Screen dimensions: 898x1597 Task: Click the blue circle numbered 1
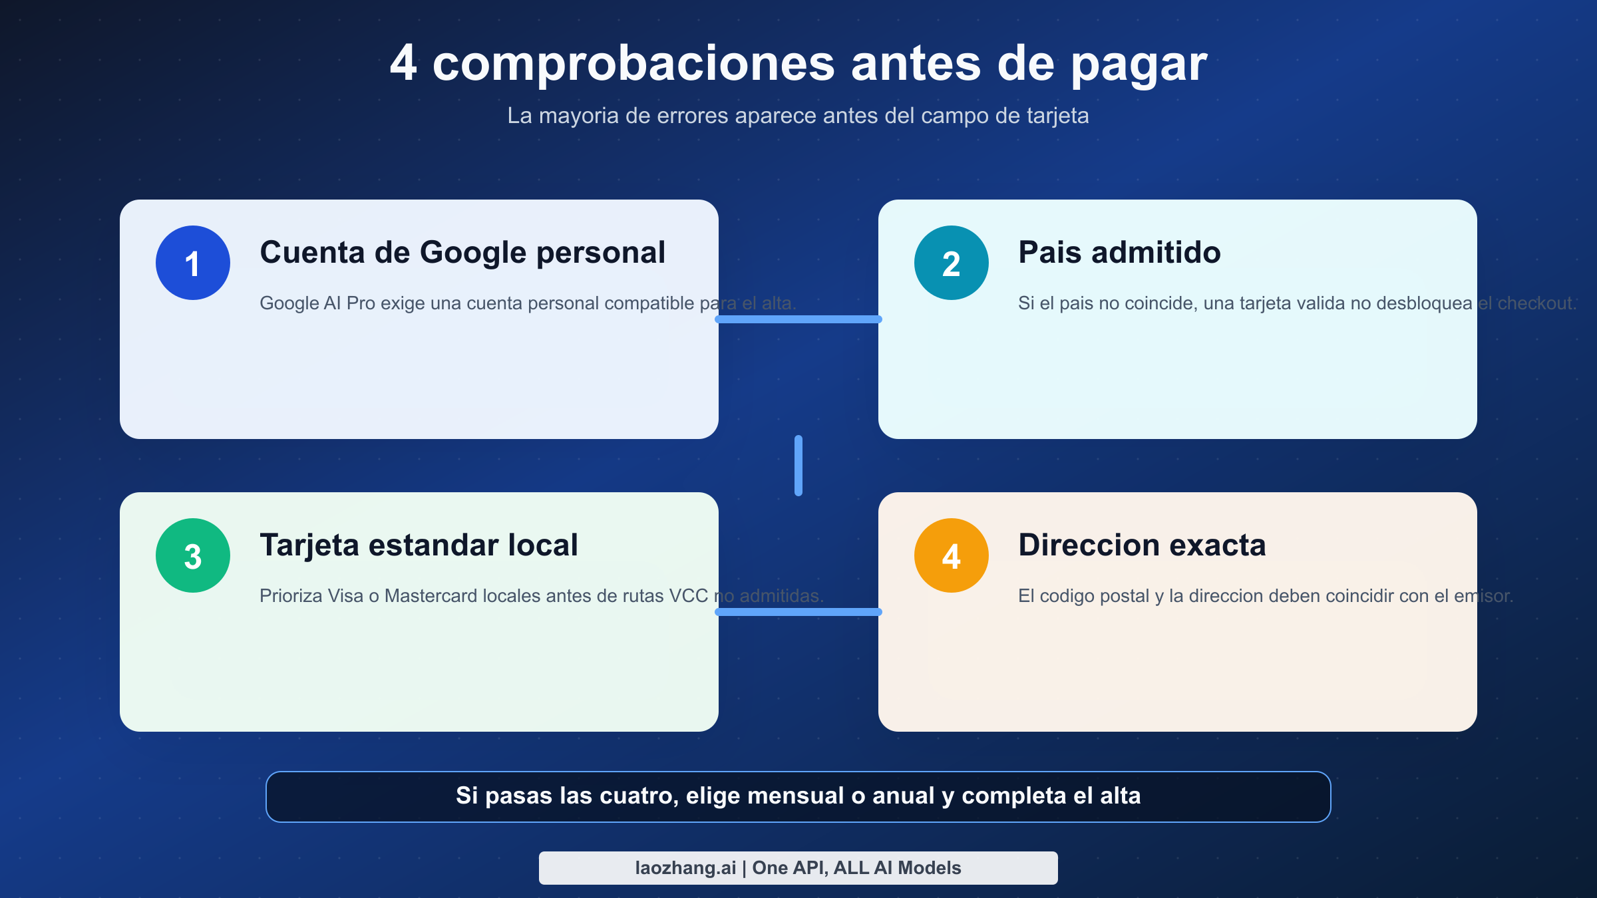(x=193, y=263)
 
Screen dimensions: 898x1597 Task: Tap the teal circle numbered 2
(x=952, y=263)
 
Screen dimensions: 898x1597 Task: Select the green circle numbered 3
(x=193, y=555)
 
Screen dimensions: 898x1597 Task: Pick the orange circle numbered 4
(x=952, y=555)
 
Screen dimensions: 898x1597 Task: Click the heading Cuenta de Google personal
(x=462, y=253)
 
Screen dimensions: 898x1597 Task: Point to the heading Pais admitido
(x=1119, y=253)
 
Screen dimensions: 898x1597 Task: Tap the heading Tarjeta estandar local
(x=419, y=545)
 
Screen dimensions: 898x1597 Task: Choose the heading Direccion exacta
(x=1142, y=545)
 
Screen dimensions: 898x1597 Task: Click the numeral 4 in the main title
(x=403, y=63)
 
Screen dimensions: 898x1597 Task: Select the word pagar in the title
(x=1139, y=65)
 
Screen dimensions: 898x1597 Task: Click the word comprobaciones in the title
(x=633, y=65)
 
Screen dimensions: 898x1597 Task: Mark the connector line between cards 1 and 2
(x=798, y=319)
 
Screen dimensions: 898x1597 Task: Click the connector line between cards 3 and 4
(x=798, y=612)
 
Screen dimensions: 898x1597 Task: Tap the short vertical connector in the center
(x=798, y=466)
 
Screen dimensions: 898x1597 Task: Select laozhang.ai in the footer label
(x=685, y=868)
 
